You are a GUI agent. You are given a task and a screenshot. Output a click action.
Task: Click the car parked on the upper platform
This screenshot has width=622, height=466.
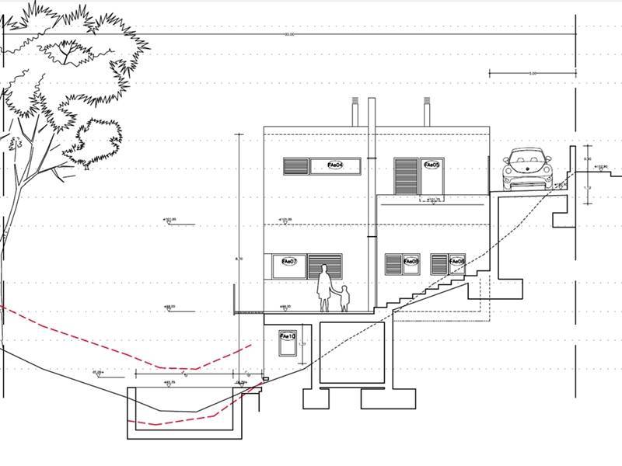click(x=529, y=169)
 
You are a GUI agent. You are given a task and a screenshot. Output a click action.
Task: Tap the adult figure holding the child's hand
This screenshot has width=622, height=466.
click(x=323, y=289)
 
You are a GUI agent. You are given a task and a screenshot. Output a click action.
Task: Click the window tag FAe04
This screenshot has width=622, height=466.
click(x=335, y=165)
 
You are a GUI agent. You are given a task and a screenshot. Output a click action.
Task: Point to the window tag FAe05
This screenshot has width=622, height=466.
click(x=432, y=165)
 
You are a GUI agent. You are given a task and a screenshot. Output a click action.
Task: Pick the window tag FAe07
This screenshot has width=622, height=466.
click(x=288, y=262)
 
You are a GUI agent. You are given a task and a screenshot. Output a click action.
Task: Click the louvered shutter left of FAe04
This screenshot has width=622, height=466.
click(x=296, y=166)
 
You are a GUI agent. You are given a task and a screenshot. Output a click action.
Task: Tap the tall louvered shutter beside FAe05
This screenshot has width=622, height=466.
click(x=406, y=177)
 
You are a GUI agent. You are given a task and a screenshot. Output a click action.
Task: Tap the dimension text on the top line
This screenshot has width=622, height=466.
click(x=289, y=34)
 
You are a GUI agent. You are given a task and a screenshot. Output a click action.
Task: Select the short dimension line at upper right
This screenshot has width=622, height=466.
click(x=533, y=74)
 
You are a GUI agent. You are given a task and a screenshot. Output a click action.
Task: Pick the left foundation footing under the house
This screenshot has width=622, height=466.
click(x=315, y=398)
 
